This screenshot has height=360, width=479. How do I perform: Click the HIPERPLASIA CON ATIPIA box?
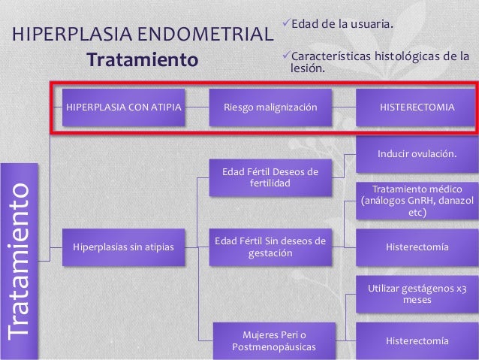[124, 107]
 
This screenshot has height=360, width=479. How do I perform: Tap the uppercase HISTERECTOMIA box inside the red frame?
[416, 107]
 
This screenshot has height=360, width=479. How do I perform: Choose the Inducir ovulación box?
[417, 154]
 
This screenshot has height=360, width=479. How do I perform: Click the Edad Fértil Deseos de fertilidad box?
[270, 177]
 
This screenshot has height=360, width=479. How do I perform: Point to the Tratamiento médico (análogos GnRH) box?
[417, 201]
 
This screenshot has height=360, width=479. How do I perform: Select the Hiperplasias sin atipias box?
[124, 247]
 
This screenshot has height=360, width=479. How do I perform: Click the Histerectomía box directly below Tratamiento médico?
[417, 247]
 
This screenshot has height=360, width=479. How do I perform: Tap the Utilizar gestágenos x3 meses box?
[417, 293]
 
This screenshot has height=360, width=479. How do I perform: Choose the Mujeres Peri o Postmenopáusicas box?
[270, 340]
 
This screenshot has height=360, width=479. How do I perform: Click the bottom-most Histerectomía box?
[417, 340]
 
